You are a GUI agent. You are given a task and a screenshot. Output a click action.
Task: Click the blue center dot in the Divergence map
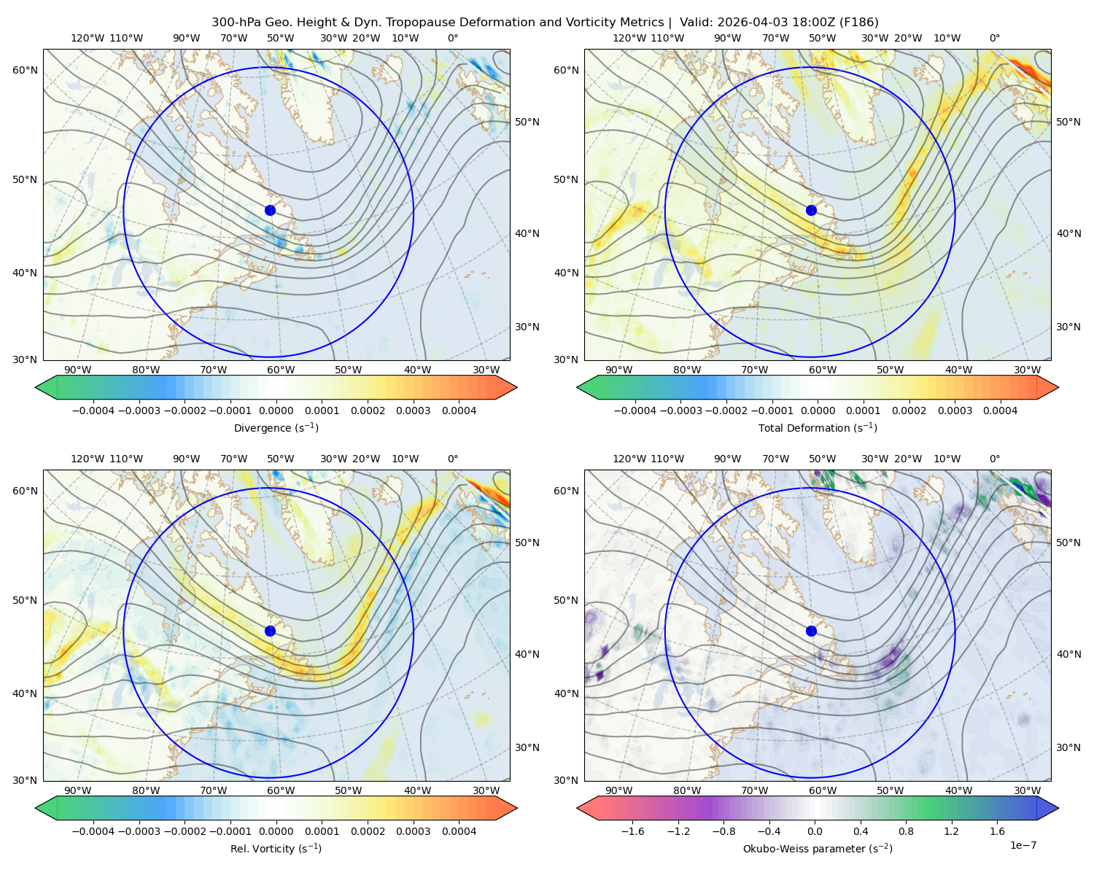click(270, 211)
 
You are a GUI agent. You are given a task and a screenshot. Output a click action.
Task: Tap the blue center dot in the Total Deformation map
click(811, 211)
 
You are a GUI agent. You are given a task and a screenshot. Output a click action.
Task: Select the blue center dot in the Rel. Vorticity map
click(270, 631)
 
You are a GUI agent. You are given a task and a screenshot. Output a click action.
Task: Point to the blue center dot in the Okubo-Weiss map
click(811, 631)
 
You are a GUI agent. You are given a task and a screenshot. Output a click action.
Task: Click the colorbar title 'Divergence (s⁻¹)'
click(276, 428)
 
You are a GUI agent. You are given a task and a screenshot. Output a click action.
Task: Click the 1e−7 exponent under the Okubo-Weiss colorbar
click(1023, 846)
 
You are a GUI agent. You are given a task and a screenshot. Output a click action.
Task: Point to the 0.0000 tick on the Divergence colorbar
click(276, 411)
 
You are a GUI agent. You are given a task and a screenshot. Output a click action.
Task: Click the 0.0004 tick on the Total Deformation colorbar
click(1000, 411)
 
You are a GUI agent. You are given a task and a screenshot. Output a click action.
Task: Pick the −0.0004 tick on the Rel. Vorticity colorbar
click(93, 831)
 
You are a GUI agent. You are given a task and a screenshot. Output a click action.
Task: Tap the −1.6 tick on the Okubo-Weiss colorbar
click(632, 831)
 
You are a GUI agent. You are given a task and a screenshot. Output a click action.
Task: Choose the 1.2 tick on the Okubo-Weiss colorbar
click(951, 831)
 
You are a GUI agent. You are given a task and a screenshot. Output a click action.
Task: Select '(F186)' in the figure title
click(858, 23)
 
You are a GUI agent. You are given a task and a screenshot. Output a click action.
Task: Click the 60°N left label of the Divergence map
click(25, 70)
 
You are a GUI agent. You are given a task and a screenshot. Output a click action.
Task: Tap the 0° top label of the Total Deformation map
click(995, 38)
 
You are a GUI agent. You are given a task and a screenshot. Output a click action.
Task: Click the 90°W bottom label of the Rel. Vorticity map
click(78, 790)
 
